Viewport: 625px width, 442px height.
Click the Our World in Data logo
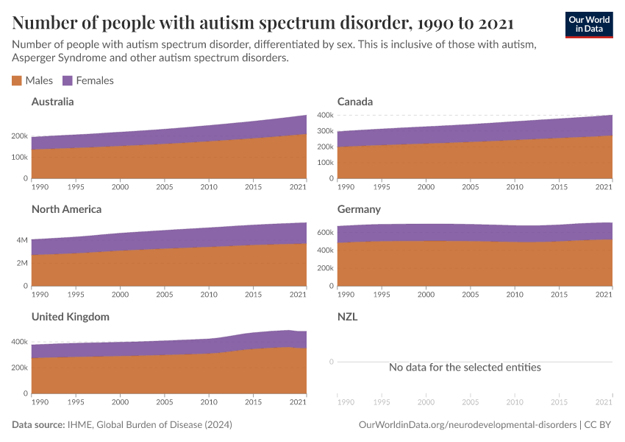tap(588, 24)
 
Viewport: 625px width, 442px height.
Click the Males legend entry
tap(32, 80)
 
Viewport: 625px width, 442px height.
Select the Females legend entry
tap(88, 80)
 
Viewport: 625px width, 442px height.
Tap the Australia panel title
tap(52, 102)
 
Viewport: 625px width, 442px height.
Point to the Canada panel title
tap(355, 102)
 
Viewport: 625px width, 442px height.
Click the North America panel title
tap(66, 209)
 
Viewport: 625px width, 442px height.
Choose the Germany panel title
tap(359, 209)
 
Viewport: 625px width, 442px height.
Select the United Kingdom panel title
tap(71, 317)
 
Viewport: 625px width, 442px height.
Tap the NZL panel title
tap(348, 317)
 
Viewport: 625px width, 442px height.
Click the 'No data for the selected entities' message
tap(465, 367)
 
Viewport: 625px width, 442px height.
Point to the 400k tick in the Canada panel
tap(325, 116)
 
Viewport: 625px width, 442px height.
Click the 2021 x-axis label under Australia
tap(297, 187)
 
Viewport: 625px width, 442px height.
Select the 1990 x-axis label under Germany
tap(346, 295)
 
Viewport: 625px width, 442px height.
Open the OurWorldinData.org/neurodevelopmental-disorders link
tap(468, 425)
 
